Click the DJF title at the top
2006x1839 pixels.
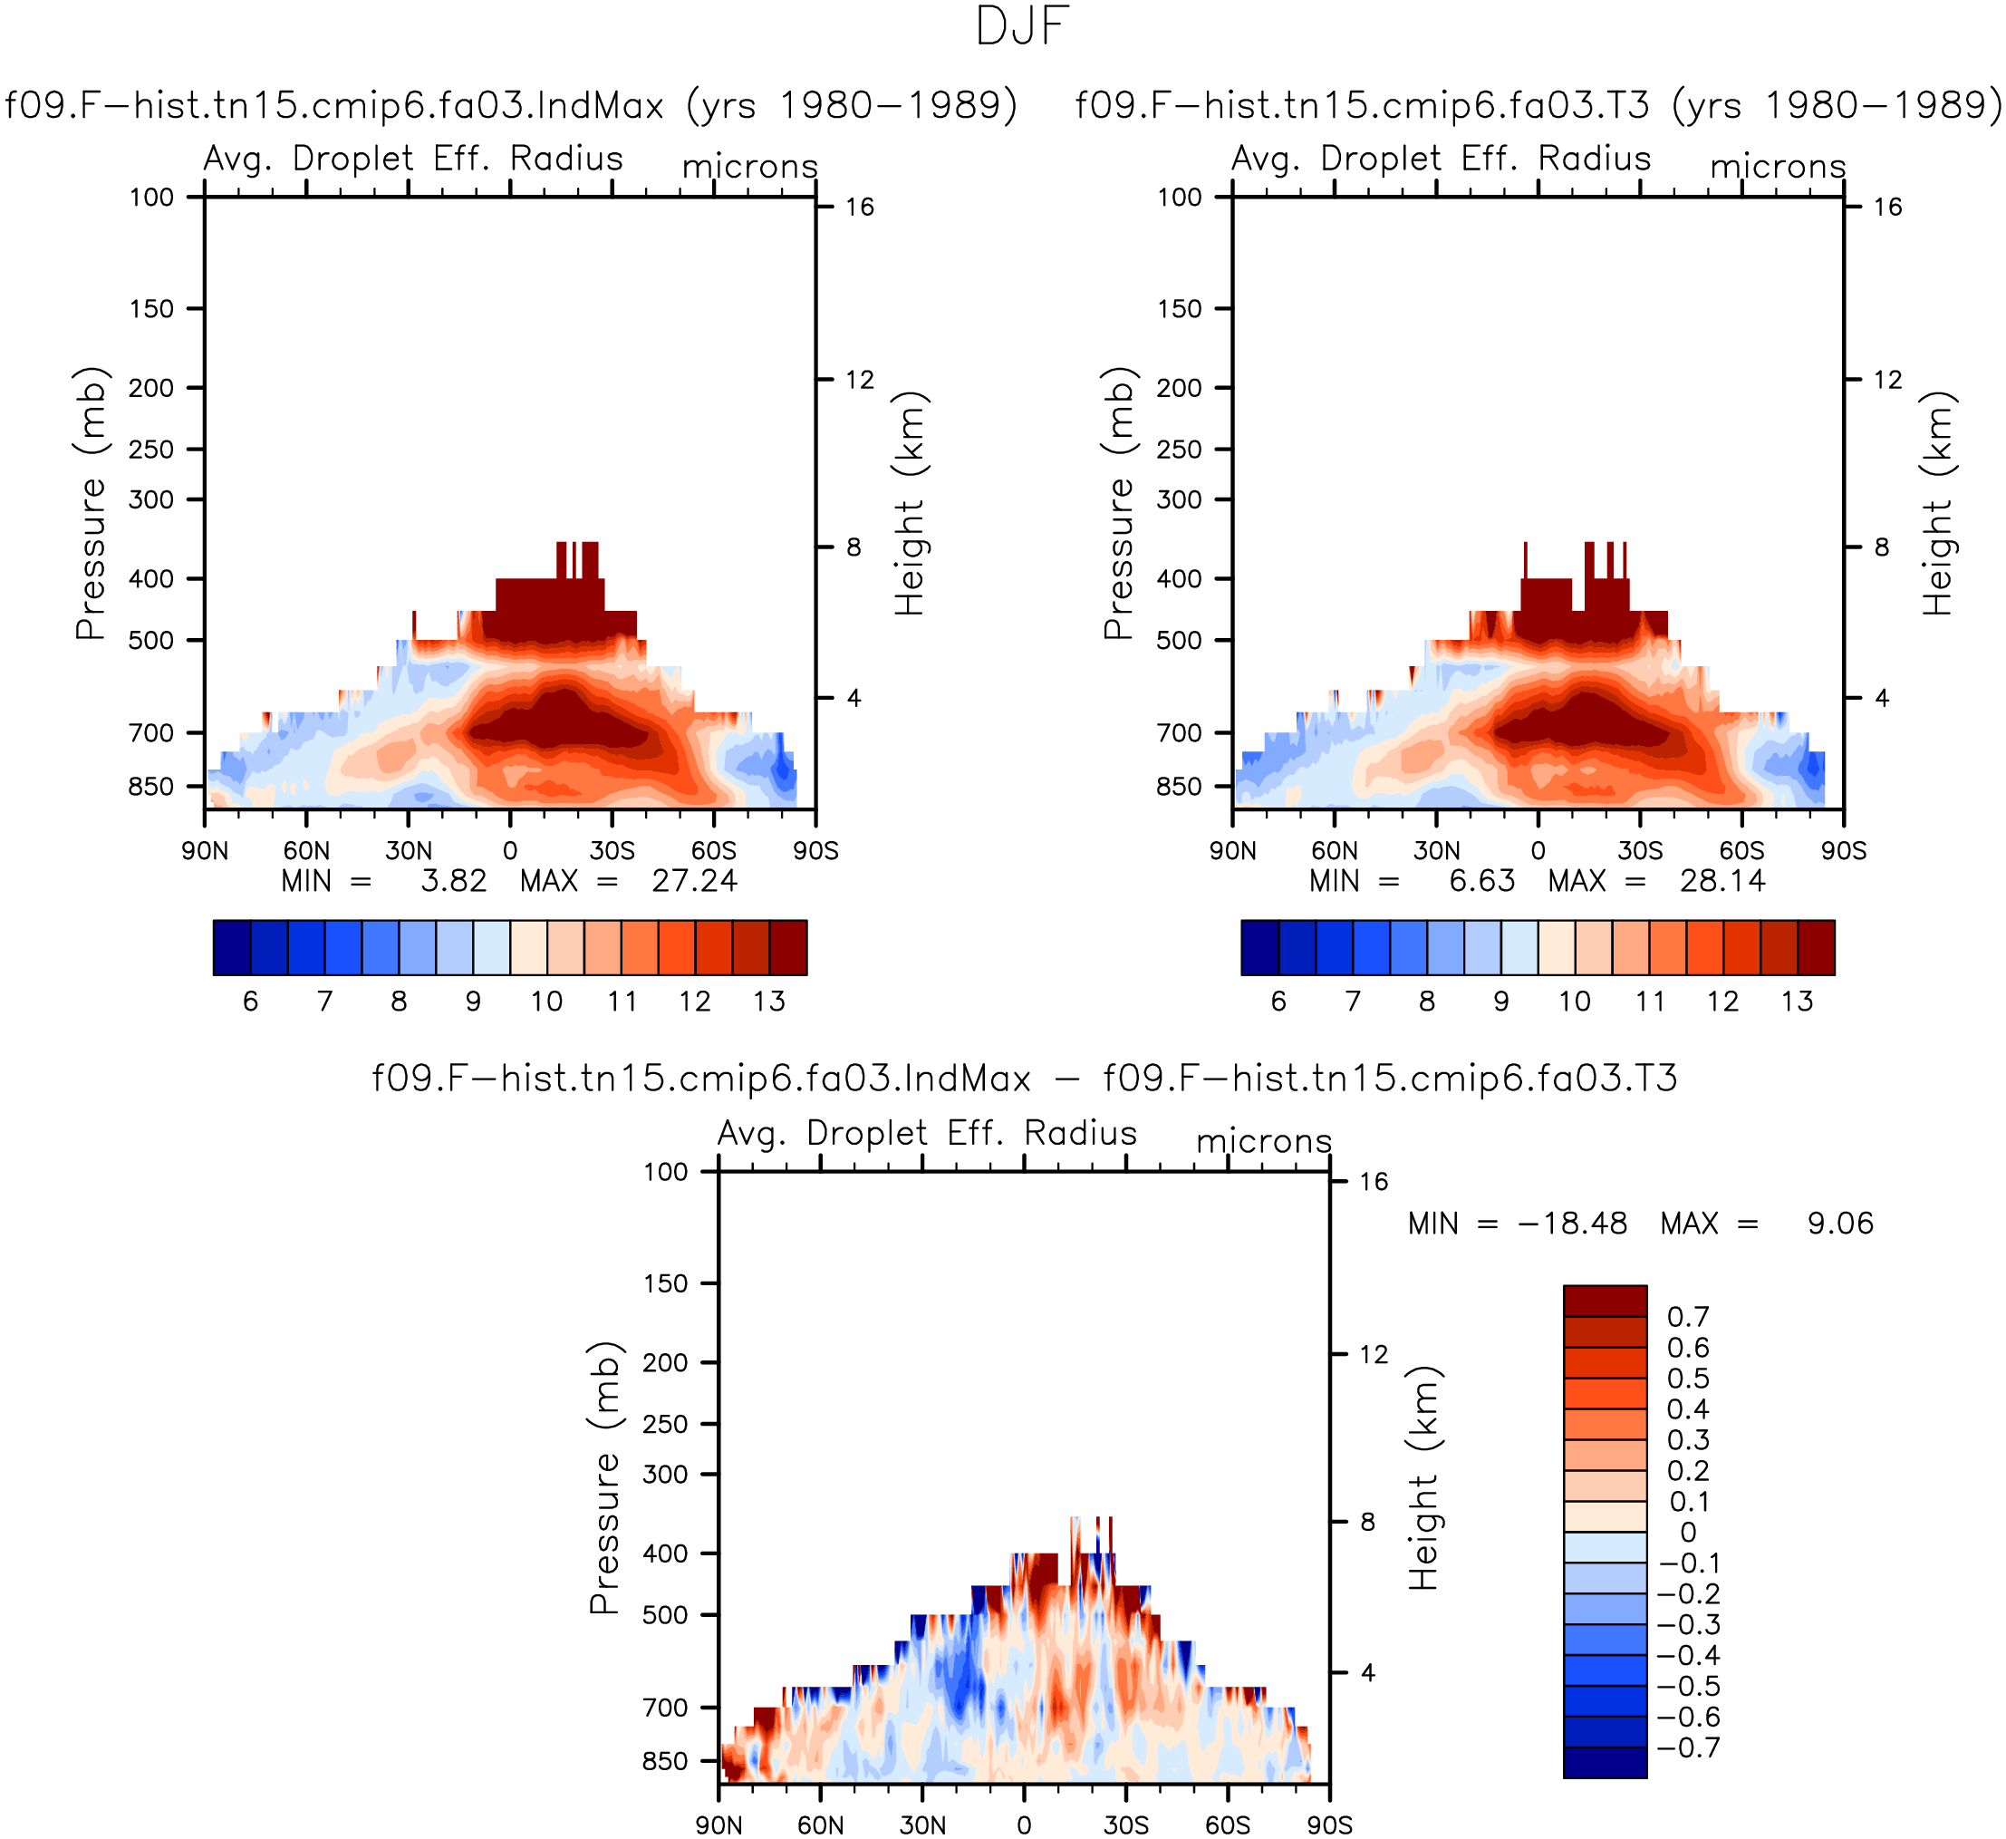point(1022,27)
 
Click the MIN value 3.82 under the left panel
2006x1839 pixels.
point(454,881)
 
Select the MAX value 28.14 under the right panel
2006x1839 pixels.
point(1722,881)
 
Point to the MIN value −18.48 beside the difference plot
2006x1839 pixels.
point(1572,1223)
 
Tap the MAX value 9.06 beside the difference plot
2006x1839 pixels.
point(1840,1223)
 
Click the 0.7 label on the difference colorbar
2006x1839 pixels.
point(1689,1317)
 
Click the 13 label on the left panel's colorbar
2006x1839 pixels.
point(769,1002)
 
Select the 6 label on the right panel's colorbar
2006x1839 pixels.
point(1278,1002)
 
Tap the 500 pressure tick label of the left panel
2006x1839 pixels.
point(151,640)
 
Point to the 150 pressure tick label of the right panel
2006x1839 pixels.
point(1179,308)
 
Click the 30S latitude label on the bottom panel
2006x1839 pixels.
point(1125,1825)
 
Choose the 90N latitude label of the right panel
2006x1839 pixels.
point(1233,851)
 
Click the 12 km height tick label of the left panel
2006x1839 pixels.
point(860,379)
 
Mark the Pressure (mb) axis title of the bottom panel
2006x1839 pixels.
point(604,1476)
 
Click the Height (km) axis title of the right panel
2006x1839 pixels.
point(1937,504)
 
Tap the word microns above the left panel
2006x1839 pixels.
point(750,166)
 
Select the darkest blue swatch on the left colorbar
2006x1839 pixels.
point(232,947)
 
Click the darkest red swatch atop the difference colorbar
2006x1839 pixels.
point(1605,1301)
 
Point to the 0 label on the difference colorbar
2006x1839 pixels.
point(1689,1532)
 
